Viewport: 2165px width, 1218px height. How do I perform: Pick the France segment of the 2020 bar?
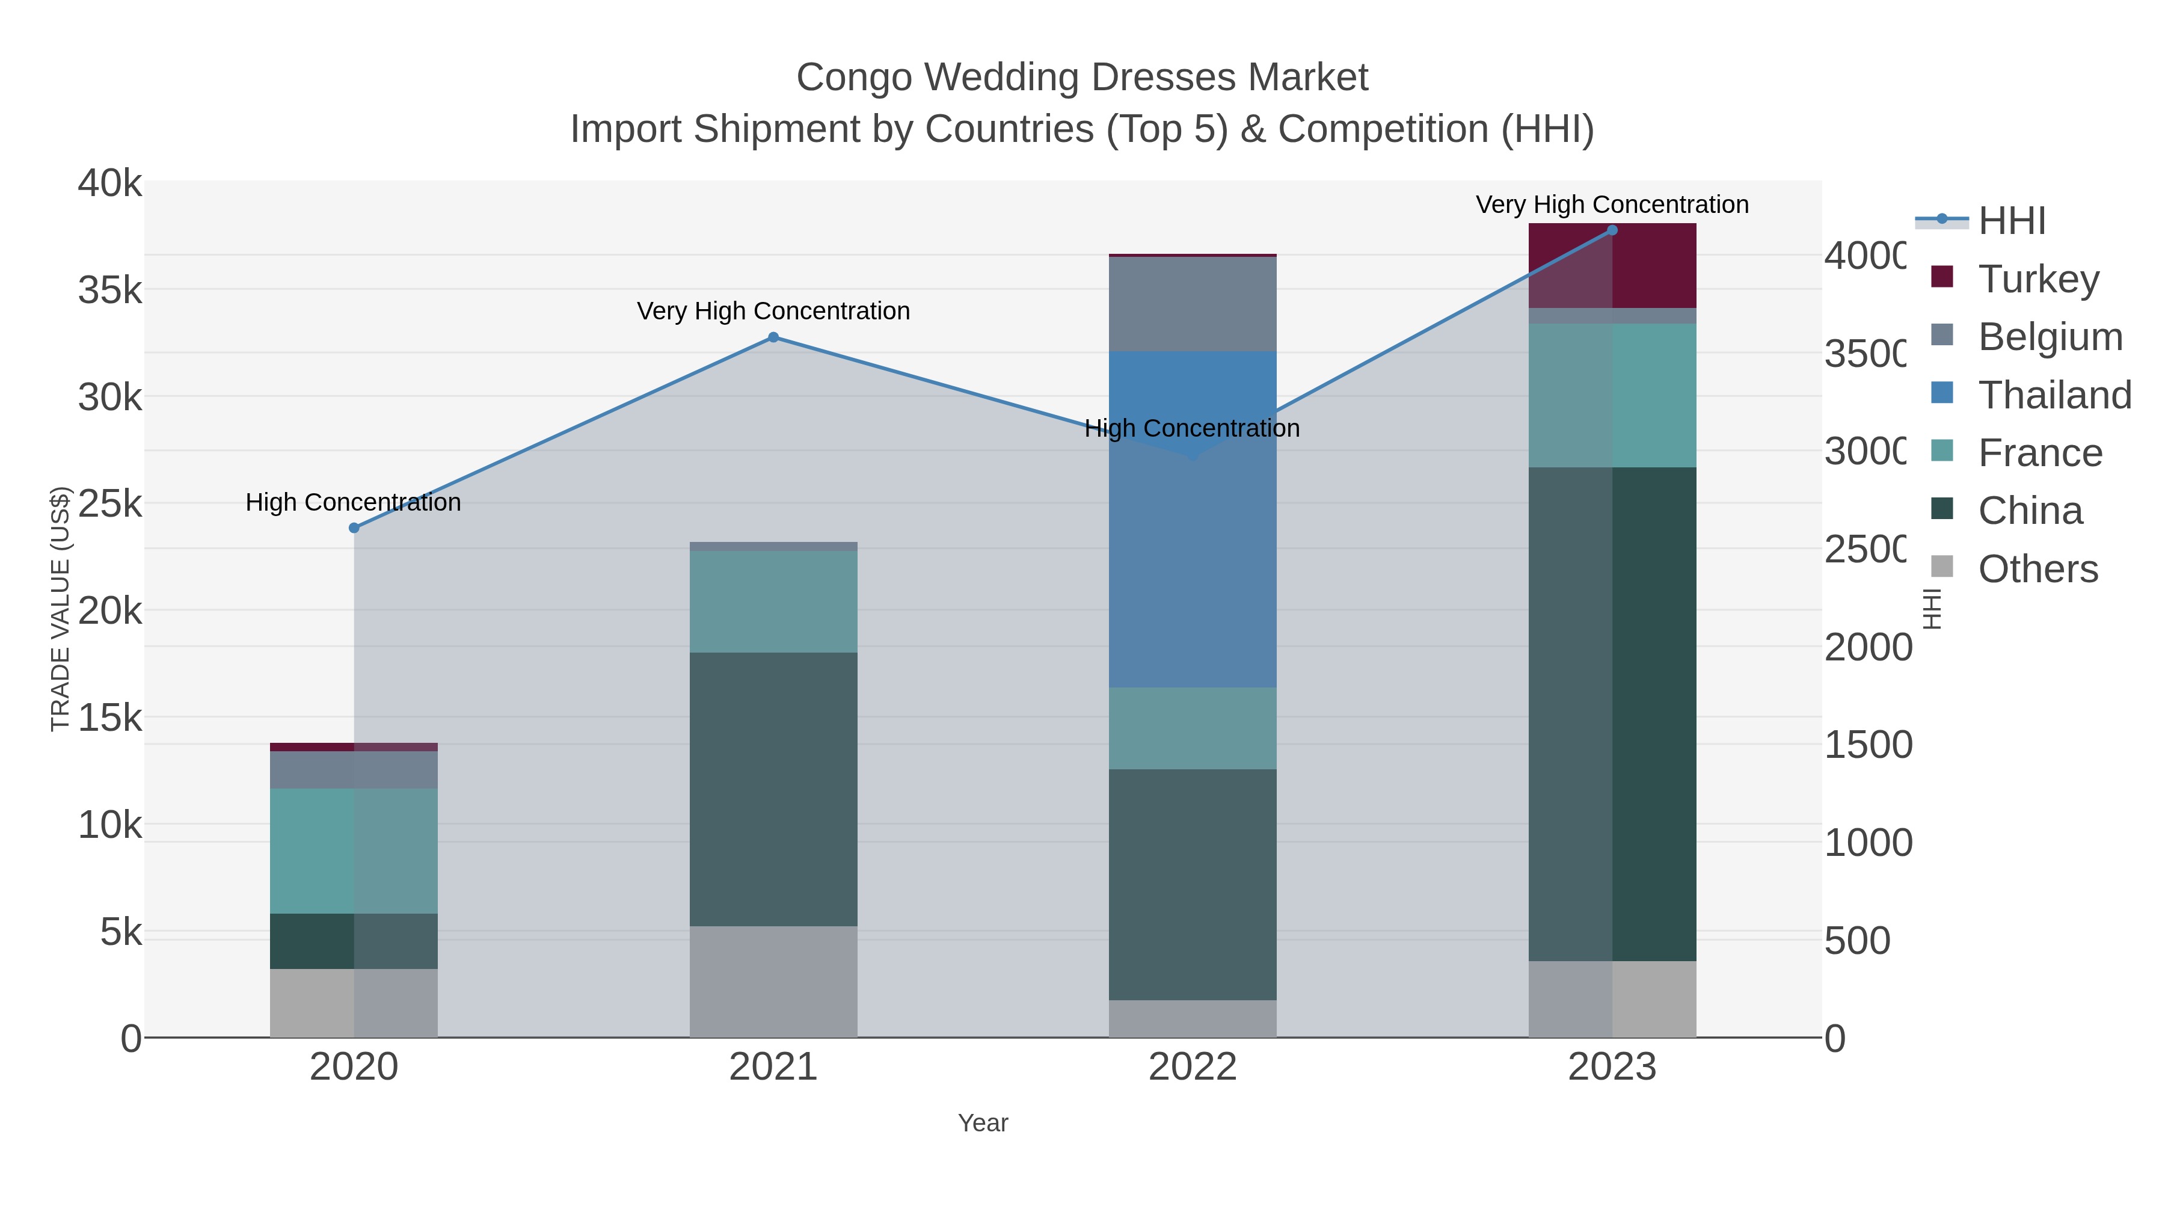tap(353, 850)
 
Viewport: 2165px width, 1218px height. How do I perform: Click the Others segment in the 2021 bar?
tap(773, 981)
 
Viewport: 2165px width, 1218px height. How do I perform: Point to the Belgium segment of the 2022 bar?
tap(1192, 304)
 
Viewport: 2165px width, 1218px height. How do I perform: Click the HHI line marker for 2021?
tap(773, 337)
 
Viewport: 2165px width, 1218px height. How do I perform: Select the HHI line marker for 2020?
tap(354, 528)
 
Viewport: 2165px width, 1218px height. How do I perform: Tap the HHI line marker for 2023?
tap(1612, 230)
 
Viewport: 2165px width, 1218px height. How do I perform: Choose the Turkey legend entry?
tap(2038, 279)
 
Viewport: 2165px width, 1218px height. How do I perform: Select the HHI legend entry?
tap(2010, 221)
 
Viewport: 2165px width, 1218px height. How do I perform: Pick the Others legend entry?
tap(2038, 569)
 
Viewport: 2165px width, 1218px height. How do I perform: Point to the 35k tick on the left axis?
tap(110, 291)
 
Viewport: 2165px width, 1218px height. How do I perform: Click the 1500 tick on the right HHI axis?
tap(1867, 745)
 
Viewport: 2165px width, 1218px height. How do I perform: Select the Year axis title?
tap(983, 1123)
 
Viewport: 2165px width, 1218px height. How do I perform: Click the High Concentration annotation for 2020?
tap(353, 503)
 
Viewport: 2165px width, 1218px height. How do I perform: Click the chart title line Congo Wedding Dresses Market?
tap(1082, 78)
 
